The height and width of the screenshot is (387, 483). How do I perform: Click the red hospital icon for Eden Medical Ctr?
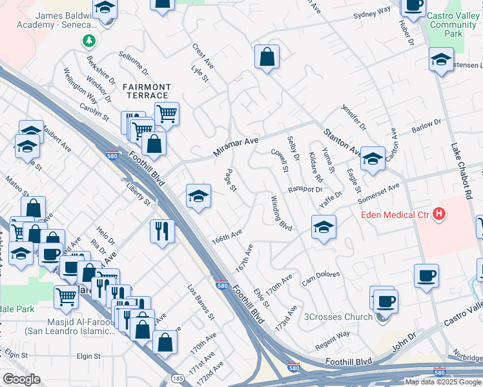click(439, 214)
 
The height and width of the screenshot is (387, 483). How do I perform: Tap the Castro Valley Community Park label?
click(444, 25)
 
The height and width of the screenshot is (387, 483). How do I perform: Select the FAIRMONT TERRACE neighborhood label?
click(147, 91)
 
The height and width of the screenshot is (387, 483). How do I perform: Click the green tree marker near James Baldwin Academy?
click(88, 41)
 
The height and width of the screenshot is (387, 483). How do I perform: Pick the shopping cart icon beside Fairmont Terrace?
click(167, 114)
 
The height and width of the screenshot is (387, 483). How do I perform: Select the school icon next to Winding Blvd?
click(324, 226)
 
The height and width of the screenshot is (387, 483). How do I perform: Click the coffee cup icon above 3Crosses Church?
click(385, 300)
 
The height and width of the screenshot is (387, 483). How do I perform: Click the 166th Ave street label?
click(227, 235)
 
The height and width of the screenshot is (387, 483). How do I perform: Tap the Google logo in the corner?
click(21, 379)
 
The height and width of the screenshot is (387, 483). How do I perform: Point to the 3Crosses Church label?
click(338, 317)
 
